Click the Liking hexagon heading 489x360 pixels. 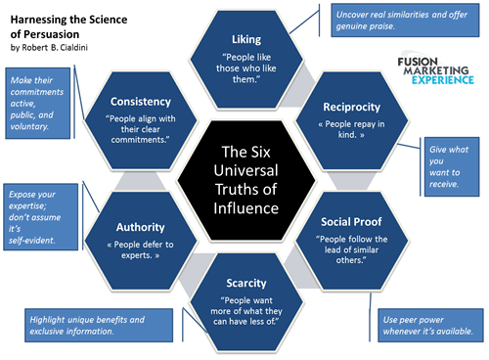pos(244,39)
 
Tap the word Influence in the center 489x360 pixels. pos(244,208)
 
